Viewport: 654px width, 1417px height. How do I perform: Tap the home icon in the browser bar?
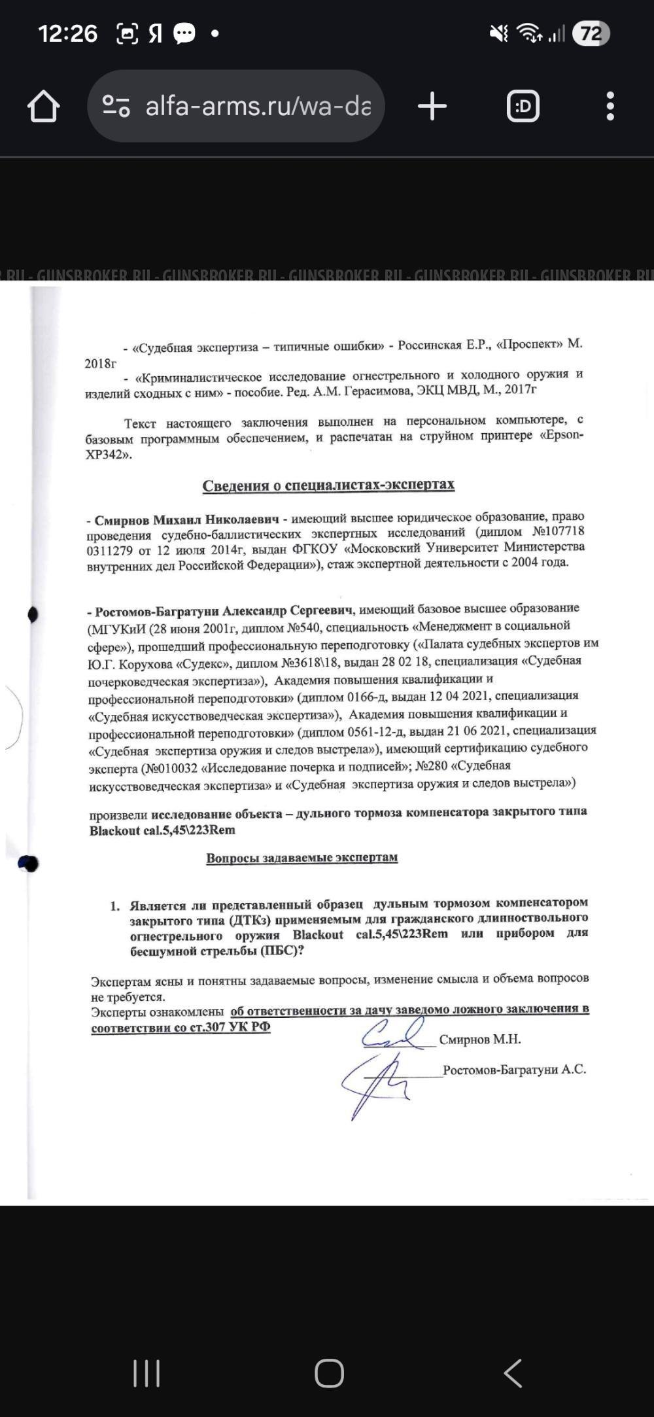click(x=44, y=106)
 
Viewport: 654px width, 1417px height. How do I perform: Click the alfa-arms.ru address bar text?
click(x=258, y=106)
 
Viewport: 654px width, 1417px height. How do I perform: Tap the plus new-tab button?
click(x=432, y=106)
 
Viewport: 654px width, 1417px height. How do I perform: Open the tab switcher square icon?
click(x=523, y=106)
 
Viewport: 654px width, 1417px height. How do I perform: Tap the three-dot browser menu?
click(x=610, y=106)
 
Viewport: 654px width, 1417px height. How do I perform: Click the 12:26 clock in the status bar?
click(x=67, y=33)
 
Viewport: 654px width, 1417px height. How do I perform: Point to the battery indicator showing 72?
click(x=591, y=33)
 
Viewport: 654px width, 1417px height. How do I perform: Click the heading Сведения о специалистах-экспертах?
click(x=328, y=485)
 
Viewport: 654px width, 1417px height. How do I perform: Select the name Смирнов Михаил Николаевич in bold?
click(x=186, y=520)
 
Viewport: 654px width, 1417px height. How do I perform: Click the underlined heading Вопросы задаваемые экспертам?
click(x=301, y=858)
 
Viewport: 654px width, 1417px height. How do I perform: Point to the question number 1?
click(x=114, y=906)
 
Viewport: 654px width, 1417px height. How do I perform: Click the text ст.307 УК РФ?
click(x=230, y=1027)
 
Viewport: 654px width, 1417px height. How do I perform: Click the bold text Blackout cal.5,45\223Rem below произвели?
click(x=162, y=830)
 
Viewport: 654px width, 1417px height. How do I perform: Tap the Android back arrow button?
click(x=513, y=1373)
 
